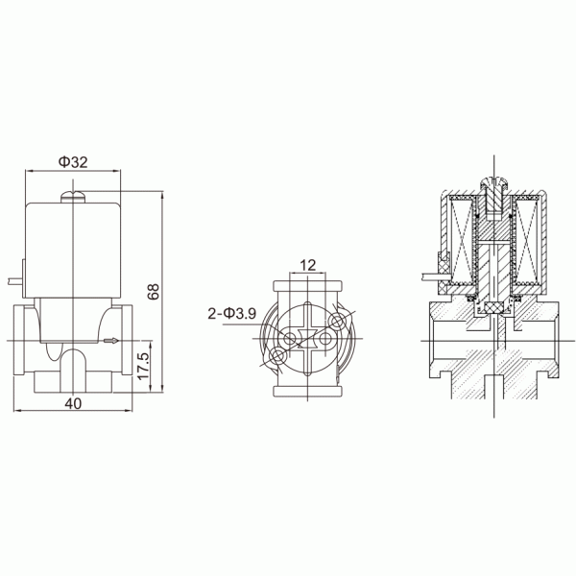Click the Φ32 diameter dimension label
73,162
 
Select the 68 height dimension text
152,292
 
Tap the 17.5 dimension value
142,369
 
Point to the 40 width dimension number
73,404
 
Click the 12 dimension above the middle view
307,265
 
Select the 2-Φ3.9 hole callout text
231,313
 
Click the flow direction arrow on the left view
113,341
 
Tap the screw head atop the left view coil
73,197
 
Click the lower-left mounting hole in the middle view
278,356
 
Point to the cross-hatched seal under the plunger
492,308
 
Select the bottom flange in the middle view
307,386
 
